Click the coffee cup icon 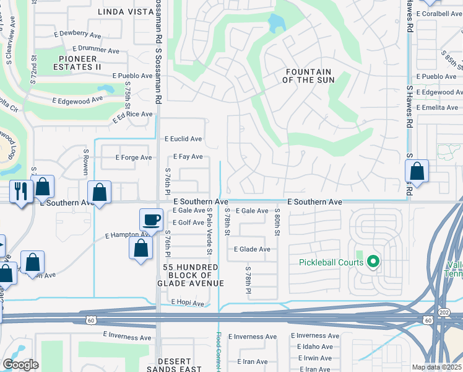click(152, 219)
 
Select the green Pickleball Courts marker click(373, 262)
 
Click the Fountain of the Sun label click(308, 76)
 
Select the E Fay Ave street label click(188, 157)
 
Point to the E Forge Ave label click(134, 157)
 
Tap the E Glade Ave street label click(251, 249)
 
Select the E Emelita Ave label click(438, 107)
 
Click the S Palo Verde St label click(209, 231)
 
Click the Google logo click(20, 365)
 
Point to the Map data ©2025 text click(436, 367)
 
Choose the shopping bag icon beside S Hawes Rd click(418, 171)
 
